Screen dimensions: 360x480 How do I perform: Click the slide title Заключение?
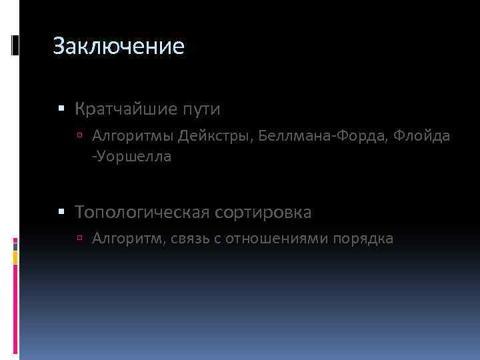[118, 47]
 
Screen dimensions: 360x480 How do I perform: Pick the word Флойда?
[421, 137]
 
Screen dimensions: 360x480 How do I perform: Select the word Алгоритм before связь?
[126, 237]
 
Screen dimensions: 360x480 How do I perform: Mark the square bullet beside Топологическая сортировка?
[61, 213]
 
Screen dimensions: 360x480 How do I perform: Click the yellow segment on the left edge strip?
[15, 257]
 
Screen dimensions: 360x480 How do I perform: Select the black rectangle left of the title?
[15, 45]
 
